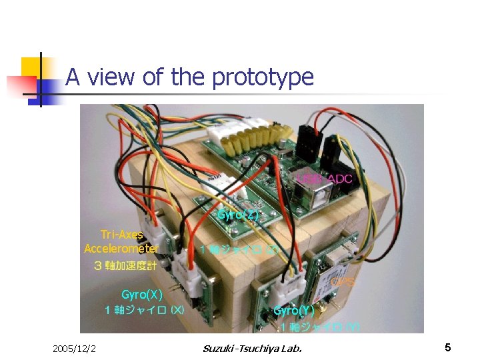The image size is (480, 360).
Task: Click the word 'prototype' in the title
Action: [x=263, y=78]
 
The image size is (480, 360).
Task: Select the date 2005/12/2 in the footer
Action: [x=74, y=348]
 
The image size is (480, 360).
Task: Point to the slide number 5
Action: [x=448, y=347]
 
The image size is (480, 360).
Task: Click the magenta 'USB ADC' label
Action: [x=325, y=179]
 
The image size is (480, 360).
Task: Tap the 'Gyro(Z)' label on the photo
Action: [x=238, y=215]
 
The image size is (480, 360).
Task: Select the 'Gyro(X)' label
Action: [x=141, y=295]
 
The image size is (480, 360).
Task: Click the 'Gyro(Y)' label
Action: [x=294, y=311]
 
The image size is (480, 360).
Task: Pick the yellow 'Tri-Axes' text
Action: [x=122, y=235]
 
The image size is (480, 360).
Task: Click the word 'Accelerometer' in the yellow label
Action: [x=121, y=249]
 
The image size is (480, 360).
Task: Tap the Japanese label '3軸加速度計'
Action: [x=125, y=265]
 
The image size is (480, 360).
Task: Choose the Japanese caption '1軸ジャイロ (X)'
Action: [x=145, y=310]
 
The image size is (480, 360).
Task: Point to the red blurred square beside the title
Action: [x=20, y=85]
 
